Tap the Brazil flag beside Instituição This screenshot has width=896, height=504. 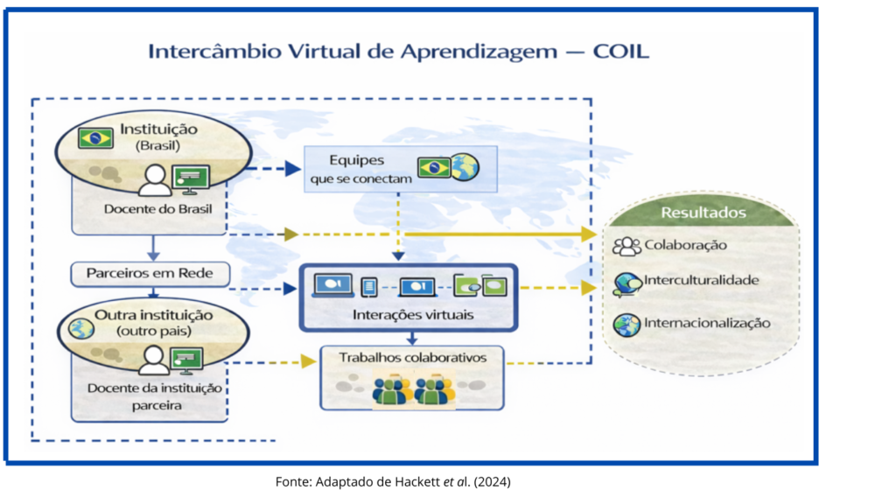pos(95,138)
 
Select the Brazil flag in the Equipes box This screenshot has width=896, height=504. pos(433,167)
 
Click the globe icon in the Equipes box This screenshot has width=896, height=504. pos(464,167)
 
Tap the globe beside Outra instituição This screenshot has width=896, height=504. pos(80,329)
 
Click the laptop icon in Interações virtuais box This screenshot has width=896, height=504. pos(333,284)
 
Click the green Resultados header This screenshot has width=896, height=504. pos(703,213)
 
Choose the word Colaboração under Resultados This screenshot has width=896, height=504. pos(685,246)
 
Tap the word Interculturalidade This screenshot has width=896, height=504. pos(701,281)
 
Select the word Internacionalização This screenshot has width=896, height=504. pos(707,324)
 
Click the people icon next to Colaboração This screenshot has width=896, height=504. pos(626,246)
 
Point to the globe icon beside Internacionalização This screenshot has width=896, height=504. pos(626,325)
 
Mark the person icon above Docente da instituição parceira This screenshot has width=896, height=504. pos(155,360)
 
